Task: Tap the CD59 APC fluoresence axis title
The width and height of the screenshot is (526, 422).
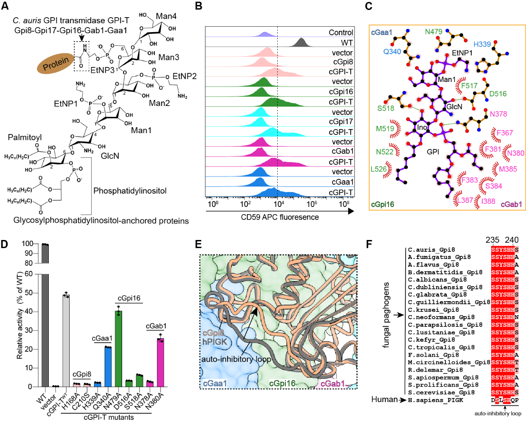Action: [271, 217]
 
